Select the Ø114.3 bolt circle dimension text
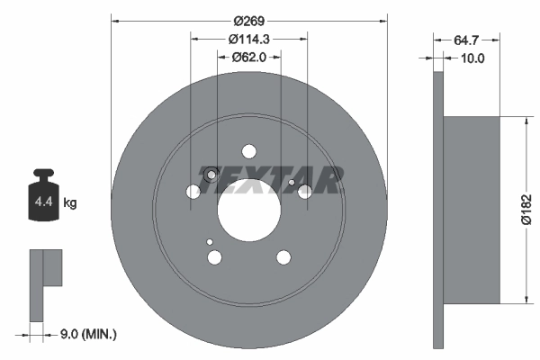coord(249,39)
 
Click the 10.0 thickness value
coord(472,58)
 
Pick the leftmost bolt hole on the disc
coord(193,192)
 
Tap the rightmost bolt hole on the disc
coord(306,192)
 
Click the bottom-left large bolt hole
coord(214,258)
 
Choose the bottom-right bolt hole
coord(283,258)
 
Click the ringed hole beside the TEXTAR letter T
coord(210,175)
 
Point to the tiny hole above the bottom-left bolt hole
coord(209,242)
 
